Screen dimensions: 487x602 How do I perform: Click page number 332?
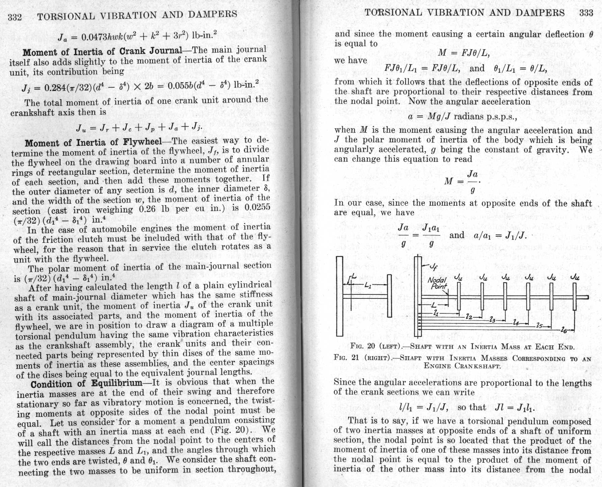15,17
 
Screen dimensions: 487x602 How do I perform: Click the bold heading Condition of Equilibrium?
86,383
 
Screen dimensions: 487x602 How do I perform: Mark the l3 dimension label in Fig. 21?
493,319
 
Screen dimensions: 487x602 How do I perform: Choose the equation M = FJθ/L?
464,53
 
